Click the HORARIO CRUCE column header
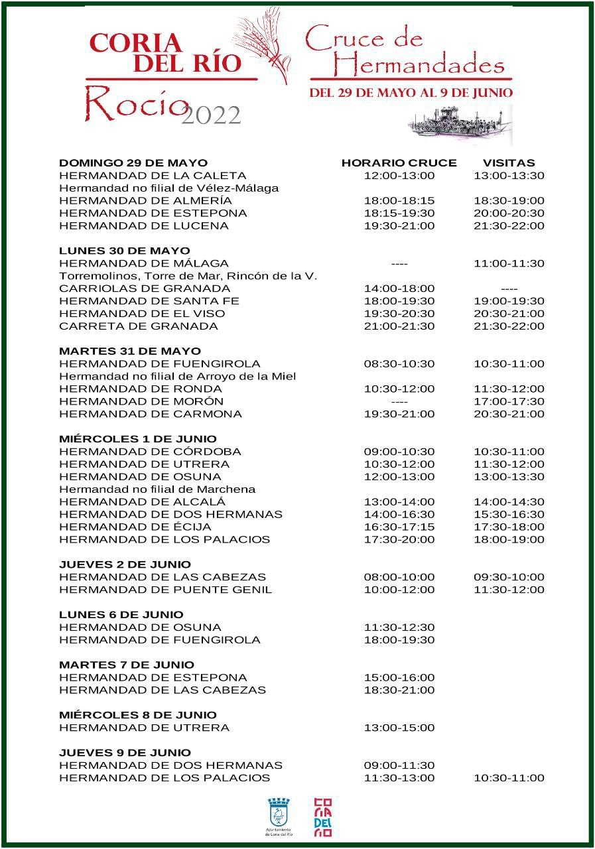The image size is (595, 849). tap(399, 163)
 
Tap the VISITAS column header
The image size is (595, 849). tap(509, 163)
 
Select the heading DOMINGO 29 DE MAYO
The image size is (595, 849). tap(133, 163)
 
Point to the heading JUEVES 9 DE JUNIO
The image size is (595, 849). tap(125, 753)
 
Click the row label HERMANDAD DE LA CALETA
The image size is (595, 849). tap(153, 176)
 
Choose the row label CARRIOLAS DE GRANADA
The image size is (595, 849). tap(145, 289)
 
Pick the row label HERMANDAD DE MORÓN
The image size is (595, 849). tap(141, 401)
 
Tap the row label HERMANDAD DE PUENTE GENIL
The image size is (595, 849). tap(165, 590)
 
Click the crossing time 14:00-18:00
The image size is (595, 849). tap(399, 289)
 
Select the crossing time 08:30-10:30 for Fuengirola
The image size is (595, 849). tap(399, 364)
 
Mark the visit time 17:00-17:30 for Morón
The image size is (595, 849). tap(509, 401)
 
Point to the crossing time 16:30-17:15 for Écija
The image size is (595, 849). tap(399, 527)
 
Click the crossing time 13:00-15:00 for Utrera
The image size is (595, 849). tap(399, 728)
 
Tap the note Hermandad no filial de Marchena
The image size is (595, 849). tap(157, 490)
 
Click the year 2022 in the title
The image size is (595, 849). tap(211, 115)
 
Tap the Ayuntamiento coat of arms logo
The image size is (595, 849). tap(278, 813)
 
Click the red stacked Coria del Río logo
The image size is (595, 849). tap(322, 816)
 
